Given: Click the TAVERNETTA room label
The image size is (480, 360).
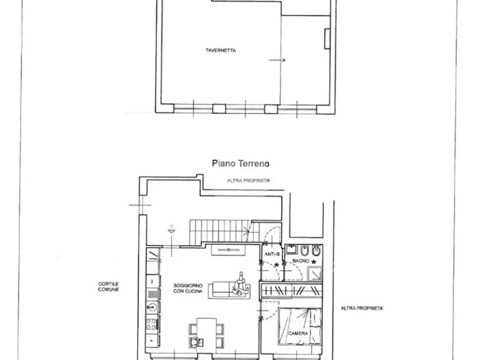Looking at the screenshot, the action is pos(221,51).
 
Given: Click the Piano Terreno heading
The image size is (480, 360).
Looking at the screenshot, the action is pos(241,163).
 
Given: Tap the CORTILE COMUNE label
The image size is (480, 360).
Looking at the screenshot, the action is pos(108,287).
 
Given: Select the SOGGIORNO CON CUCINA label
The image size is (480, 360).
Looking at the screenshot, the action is pos(188,289).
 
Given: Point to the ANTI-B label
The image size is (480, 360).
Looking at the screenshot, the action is pos(272,254).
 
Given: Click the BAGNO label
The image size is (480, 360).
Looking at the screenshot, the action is pos(300,261).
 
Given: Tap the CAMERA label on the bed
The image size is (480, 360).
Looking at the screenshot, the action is pos(298,333).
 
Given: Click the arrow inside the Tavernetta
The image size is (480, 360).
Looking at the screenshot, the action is pos(277,60).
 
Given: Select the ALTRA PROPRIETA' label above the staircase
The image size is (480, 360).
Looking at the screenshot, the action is pos(248,180).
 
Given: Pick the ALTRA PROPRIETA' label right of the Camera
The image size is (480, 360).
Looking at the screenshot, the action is pos(362,309).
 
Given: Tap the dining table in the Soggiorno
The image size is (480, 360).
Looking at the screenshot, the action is pos(206,334).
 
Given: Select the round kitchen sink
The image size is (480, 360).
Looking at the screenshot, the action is pos(152,307).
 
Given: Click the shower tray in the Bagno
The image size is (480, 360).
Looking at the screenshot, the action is pos(314,274).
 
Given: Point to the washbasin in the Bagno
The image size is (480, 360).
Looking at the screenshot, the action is pos(291,249).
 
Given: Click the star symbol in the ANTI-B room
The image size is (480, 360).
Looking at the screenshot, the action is pos(277,265).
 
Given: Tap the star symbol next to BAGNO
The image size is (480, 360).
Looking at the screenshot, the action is pos(313,262).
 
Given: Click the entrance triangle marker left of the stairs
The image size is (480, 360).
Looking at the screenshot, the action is pos(171,231).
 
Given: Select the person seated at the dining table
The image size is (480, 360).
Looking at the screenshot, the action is pos(195,342).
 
